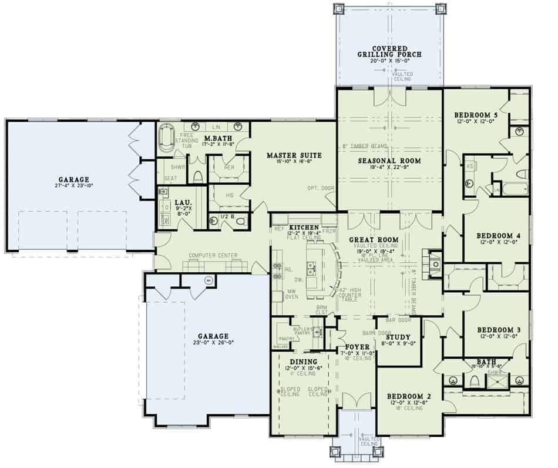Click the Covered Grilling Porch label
tap(389, 51)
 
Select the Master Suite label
tap(294, 155)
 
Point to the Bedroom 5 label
tap(476, 115)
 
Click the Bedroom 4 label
tap(497, 235)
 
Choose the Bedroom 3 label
tap(497, 329)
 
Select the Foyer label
tap(357, 346)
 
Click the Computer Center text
tap(213, 255)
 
